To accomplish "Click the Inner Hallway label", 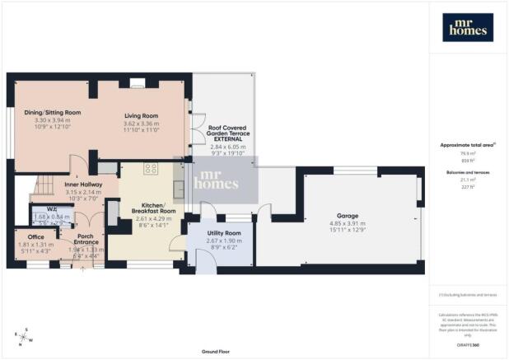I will coord(81,185).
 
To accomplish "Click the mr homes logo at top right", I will coord(468,27).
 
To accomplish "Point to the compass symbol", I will coord(23,336).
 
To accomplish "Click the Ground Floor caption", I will coord(212,352).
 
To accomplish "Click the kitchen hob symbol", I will coord(151,169).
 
